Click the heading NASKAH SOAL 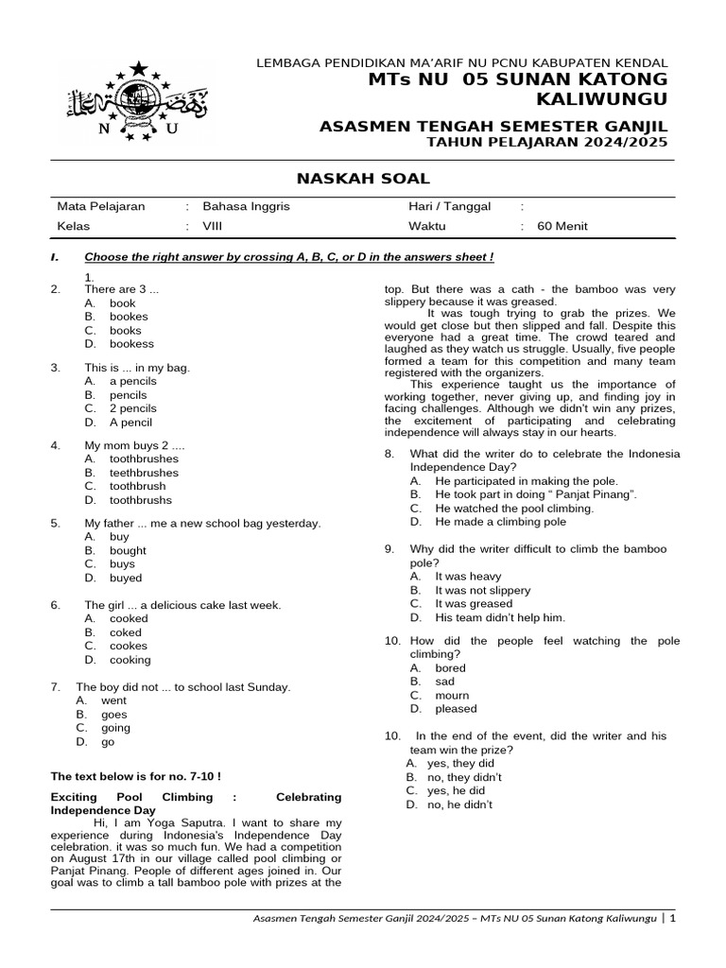(x=363, y=178)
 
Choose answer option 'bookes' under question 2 (x=129, y=317)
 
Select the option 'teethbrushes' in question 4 (x=144, y=473)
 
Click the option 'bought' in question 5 (x=128, y=550)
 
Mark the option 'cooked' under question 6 (x=129, y=618)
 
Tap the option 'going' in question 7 (x=115, y=728)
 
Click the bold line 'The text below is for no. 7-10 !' (x=135, y=776)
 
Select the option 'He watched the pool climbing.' (x=514, y=508)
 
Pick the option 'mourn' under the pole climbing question (x=452, y=695)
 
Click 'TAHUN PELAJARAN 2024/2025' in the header (x=547, y=142)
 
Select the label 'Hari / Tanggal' (x=449, y=207)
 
